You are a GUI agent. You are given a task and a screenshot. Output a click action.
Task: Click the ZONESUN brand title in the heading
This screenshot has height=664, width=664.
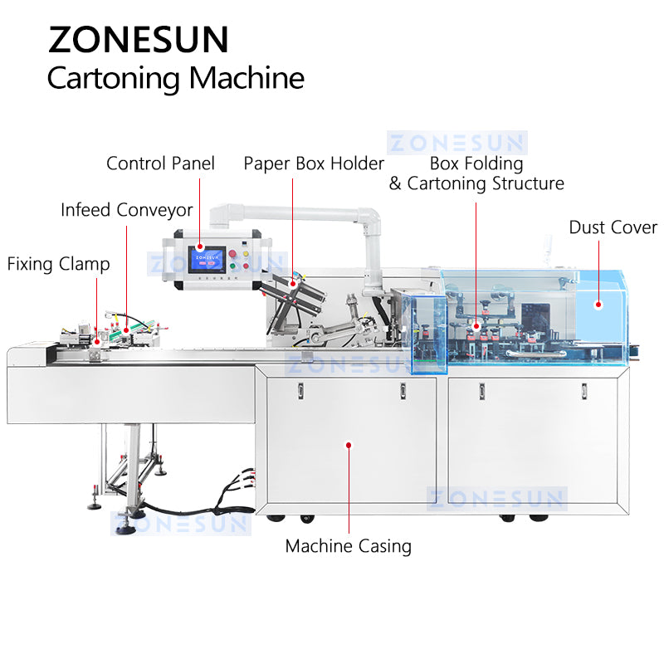(138, 39)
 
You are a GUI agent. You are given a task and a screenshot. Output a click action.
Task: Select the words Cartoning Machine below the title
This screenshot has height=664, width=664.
(175, 78)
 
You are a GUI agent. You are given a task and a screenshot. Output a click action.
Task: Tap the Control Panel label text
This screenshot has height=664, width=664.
(160, 164)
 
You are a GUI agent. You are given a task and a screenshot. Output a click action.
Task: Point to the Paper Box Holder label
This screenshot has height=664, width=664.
(314, 164)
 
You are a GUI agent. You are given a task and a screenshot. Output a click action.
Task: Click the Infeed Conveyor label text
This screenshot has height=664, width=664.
(126, 210)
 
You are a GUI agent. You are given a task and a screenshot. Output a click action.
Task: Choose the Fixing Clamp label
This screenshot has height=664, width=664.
(58, 265)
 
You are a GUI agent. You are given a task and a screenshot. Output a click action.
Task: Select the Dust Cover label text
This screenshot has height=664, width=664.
(613, 227)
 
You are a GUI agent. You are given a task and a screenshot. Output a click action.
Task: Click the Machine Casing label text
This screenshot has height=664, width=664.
(348, 546)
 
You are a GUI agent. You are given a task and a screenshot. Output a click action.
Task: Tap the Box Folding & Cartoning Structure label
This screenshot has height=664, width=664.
(476, 173)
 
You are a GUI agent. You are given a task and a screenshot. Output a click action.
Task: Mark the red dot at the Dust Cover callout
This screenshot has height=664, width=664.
(597, 305)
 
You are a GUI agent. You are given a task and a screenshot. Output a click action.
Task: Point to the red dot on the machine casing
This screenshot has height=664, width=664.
(349, 445)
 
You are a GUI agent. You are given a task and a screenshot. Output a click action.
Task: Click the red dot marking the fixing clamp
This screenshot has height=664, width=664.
(97, 339)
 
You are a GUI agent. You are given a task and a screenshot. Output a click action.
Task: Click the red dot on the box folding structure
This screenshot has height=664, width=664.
(476, 327)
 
